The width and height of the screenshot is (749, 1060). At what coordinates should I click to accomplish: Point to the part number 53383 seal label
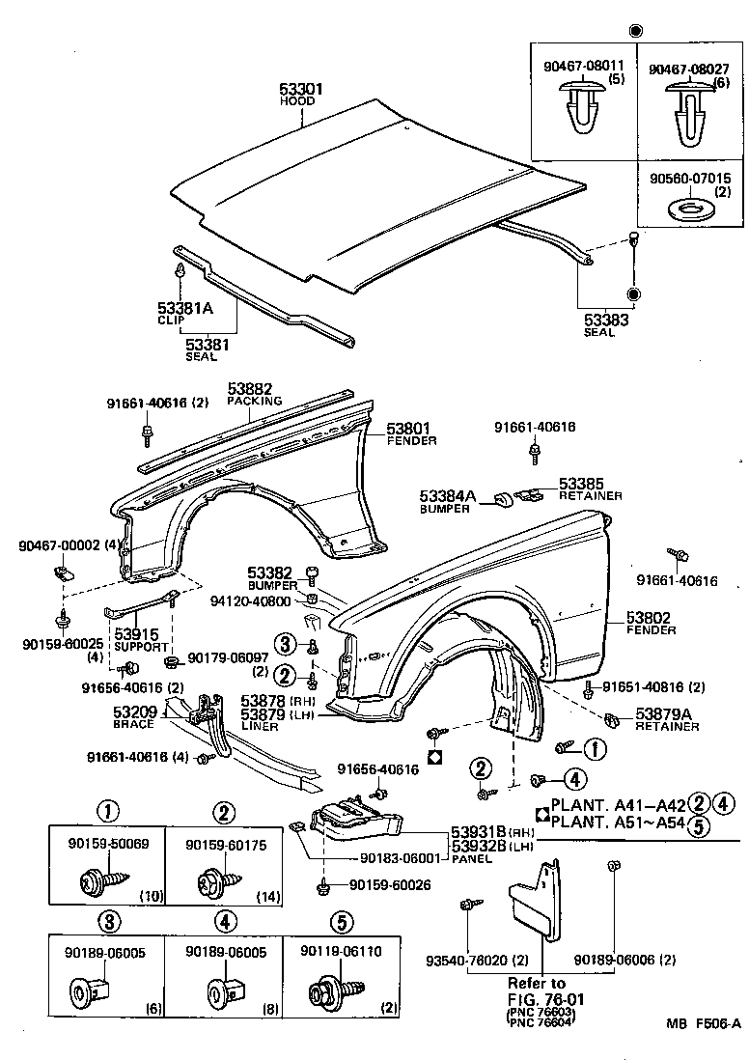click(x=605, y=319)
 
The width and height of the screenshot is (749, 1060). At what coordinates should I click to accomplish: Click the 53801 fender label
click(x=408, y=428)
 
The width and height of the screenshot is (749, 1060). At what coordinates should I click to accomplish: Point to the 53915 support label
click(x=137, y=634)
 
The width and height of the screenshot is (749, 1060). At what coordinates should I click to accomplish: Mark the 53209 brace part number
click(x=134, y=711)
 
